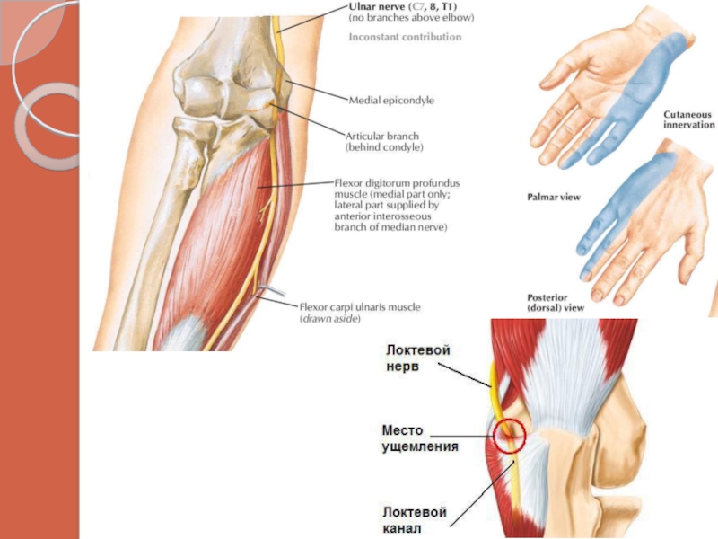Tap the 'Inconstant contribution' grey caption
coord(405,37)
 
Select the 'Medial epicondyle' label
coord(390,101)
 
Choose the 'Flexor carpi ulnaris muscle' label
coord(359,307)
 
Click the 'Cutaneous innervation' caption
coord(688,119)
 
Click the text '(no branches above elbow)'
coord(410,17)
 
